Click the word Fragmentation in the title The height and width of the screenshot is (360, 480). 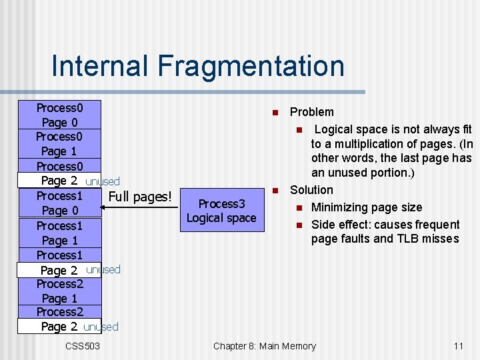coord(251,67)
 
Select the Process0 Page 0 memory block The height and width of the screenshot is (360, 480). coord(59,115)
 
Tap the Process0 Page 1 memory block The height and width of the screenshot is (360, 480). coord(59,144)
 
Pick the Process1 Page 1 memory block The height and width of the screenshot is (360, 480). coord(59,233)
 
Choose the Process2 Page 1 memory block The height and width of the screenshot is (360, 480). coord(59,291)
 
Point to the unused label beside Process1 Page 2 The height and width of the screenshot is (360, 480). coord(103,269)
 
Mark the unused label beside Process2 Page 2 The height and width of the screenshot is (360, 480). coord(101,327)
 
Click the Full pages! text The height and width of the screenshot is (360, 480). coord(140,197)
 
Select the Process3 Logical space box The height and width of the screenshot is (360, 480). coord(221,211)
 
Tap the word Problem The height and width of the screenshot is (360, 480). coord(312,112)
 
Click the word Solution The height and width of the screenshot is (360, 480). coord(311,190)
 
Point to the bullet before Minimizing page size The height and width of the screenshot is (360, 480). coord(300,208)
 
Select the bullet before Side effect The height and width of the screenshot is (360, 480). coord(300,225)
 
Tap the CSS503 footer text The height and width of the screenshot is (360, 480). coord(83,345)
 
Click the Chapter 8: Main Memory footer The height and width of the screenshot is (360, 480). coord(265,345)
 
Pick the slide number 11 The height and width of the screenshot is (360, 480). coord(458,345)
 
